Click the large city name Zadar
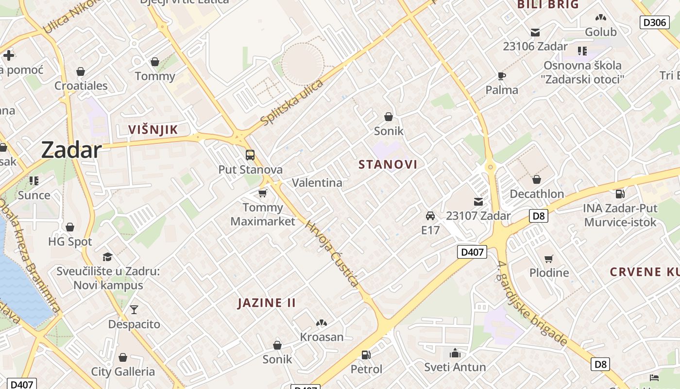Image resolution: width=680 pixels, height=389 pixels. pos(71,150)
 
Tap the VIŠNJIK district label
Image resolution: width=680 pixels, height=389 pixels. pos(153,129)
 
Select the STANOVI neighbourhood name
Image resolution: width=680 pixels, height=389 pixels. pos(388,164)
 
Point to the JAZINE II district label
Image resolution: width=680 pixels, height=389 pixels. pos(267,303)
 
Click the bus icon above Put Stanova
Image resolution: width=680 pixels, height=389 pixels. pos(250,155)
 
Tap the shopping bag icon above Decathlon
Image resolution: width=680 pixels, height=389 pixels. pos(537,179)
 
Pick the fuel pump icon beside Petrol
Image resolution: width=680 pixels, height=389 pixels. pos(366,355)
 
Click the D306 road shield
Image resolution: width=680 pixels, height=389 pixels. pos(654,22)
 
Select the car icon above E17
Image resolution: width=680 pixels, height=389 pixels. pos(430,215)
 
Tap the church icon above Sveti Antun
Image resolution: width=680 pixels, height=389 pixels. pos(455,353)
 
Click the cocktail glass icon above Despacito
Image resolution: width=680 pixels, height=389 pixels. pos(134,310)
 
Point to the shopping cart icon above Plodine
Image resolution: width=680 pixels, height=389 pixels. pos(549,258)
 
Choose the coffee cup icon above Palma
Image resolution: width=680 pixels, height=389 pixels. pos(502,76)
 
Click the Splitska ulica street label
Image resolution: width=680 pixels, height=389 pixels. pos(291,102)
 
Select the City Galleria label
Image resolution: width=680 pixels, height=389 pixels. pos(123,372)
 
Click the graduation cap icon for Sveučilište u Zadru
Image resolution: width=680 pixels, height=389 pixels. pos(107,256)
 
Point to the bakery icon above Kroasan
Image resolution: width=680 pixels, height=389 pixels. pos(321,322)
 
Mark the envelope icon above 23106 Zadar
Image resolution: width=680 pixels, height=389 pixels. pos(535,33)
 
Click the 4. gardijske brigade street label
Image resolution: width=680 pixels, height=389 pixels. pos(532,304)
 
